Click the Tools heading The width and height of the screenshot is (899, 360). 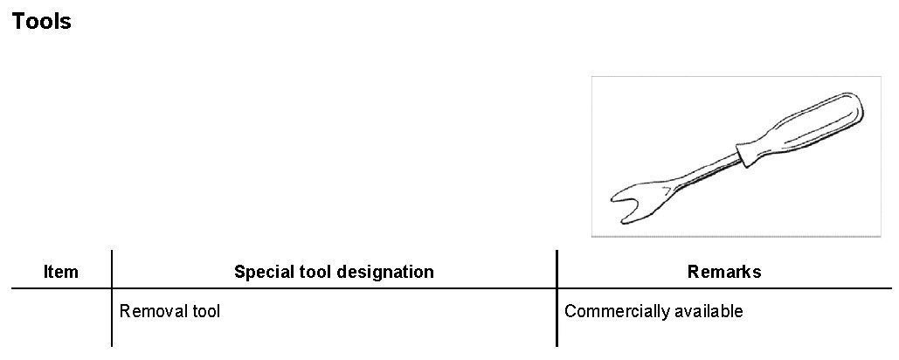coord(42,22)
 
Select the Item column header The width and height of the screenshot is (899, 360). coord(61,272)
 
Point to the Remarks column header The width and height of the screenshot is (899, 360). coord(724,272)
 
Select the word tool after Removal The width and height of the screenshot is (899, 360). coord(207,311)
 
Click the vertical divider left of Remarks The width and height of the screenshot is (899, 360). coord(557,297)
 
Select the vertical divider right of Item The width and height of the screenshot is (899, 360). coord(112,297)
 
